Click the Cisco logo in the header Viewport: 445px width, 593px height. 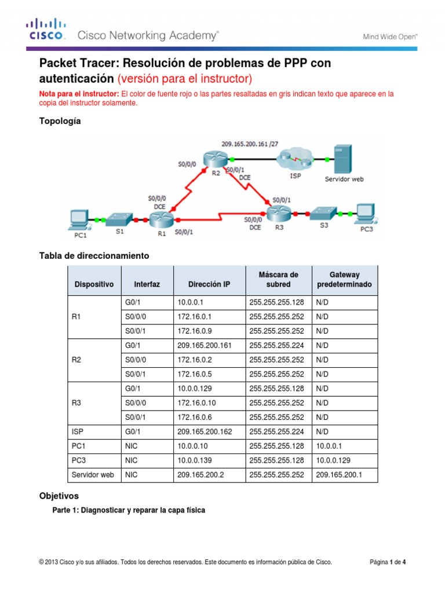(46, 30)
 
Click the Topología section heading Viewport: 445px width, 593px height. (60, 121)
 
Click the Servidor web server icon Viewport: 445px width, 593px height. (342, 157)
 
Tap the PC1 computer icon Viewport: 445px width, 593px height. (76, 218)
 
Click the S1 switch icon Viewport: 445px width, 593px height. (120, 219)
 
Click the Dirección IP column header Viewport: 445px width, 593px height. (208, 284)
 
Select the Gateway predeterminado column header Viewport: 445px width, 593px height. (344, 280)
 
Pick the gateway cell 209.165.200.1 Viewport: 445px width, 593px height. (338, 475)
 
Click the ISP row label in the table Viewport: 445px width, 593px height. (79, 431)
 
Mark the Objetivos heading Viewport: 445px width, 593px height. (59, 496)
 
